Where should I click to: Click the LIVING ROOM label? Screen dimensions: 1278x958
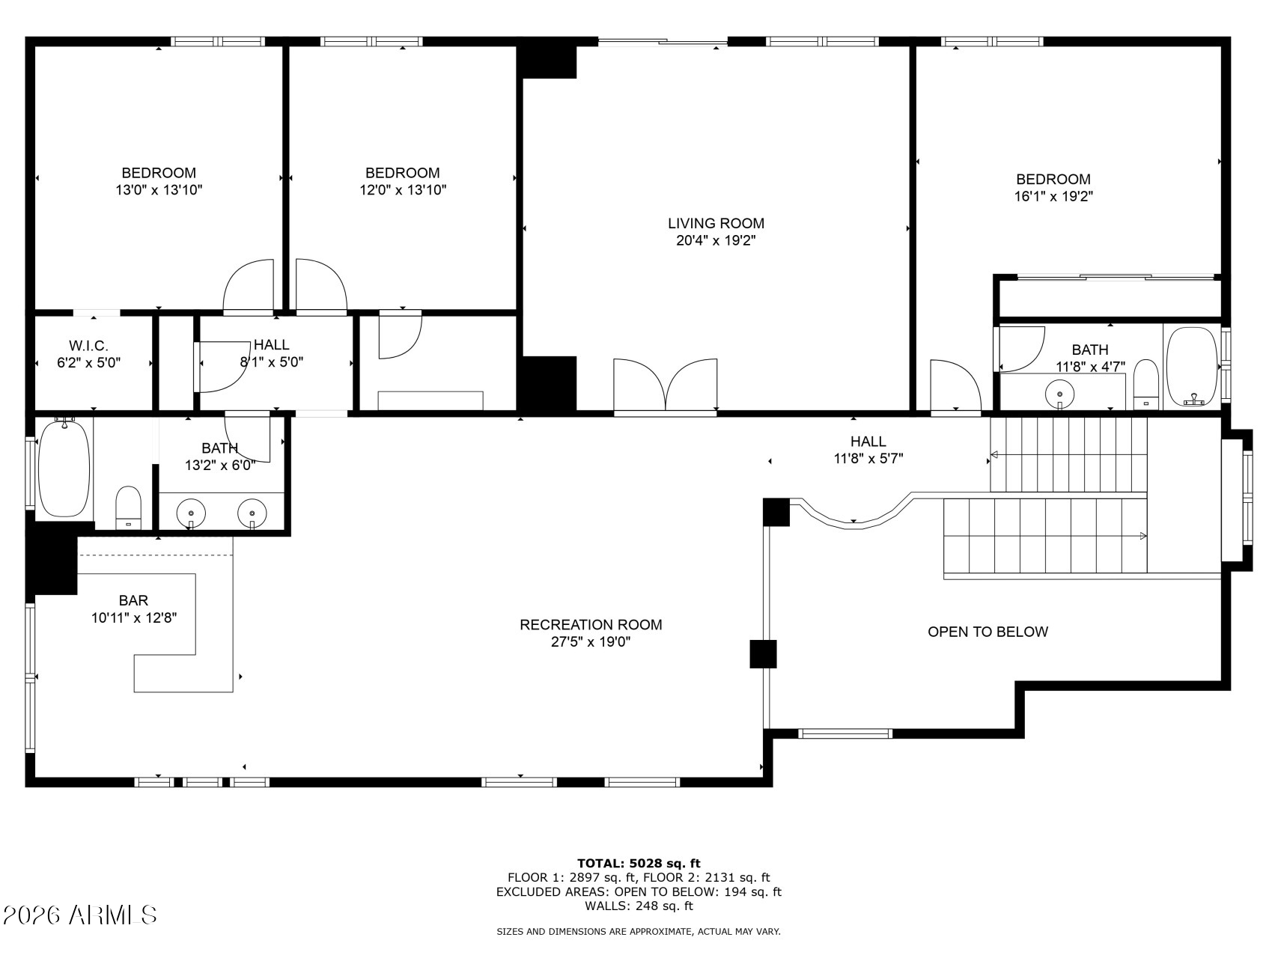pyautogui.click(x=716, y=223)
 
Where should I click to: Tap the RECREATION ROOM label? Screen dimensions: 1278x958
pyautogui.click(x=591, y=624)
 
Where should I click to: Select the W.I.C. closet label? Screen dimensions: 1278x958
pyautogui.click(x=88, y=346)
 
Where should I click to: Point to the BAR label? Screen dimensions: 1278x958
pyautogui.click(x=133, y=600)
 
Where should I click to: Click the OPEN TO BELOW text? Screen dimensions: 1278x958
pyautogui.click(x=988, y=632)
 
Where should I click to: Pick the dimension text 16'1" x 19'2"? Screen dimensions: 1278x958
pyautogui.click(x=1053, y=197)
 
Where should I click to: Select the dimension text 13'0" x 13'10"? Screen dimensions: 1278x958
pyautogui.click(x=159, y=190)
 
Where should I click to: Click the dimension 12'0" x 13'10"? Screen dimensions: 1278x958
pyautogui.click(x=403, y=190)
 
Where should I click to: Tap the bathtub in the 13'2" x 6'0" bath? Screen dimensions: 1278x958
pyautogui.click(x=64, y=468)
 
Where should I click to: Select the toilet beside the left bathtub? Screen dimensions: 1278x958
pyautogui.click(x=129, y=508)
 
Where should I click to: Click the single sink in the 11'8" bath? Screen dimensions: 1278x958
pyautogui.click(x=1060, y=392)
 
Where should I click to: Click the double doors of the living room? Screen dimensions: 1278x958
pyautogui.click(x=666, y=385)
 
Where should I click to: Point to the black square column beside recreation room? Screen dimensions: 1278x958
pyautogui.click(x=763, y=653)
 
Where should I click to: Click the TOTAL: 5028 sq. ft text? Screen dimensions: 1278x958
pyautogui.click(x=639, y=863)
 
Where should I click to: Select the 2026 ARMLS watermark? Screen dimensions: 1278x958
pyautogui.click(x=79, y=915)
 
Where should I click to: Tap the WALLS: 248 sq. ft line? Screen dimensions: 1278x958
pyautogui.click(x=639, y=906)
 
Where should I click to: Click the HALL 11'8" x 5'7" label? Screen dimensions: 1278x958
pyautogui.click(x=868, y=450)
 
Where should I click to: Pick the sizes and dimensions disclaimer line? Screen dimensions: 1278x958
pyautogui.click(x=639, y=932)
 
